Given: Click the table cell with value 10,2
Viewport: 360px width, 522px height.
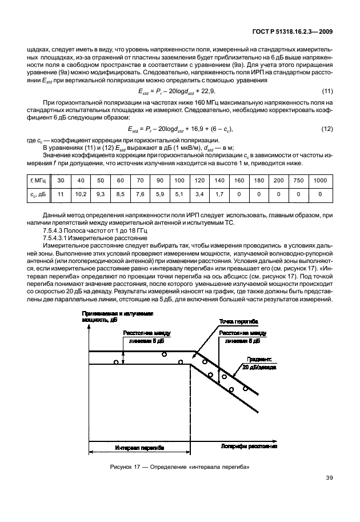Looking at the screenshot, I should coord(81,194).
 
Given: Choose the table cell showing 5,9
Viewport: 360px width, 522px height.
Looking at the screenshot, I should coord(159,194).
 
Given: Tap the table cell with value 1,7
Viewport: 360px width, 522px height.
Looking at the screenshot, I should coord(219,194).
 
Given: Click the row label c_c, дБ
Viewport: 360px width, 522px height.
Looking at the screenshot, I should coord(39,194).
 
